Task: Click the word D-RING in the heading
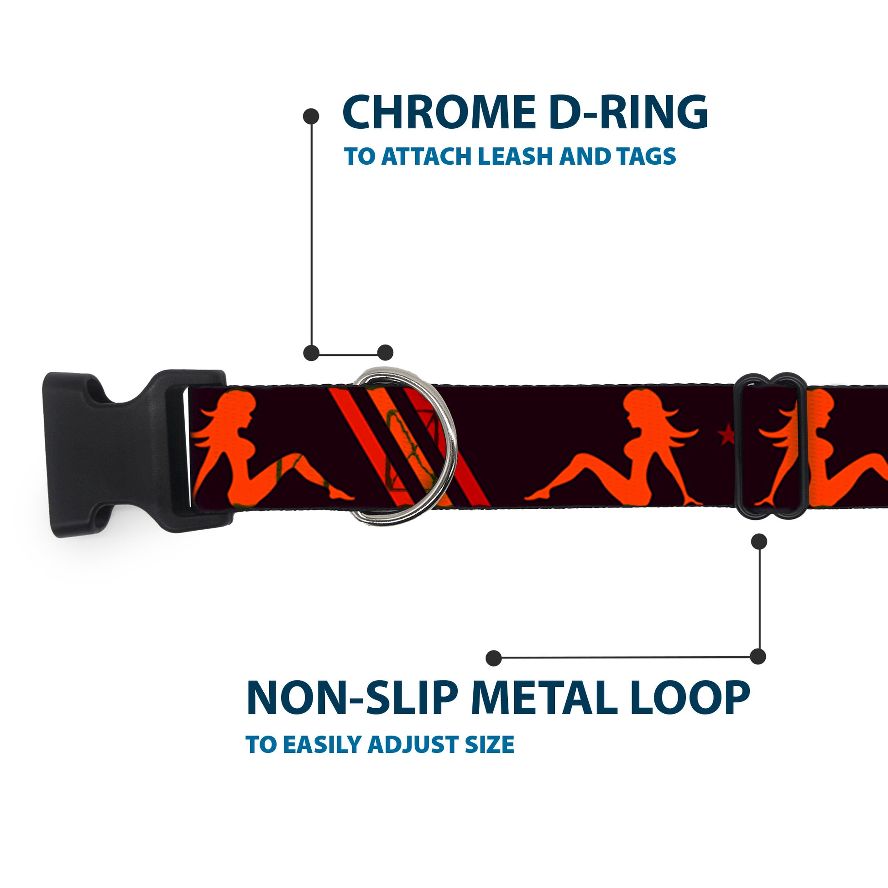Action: tap(628, 113)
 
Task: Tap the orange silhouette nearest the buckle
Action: tap(257, 448)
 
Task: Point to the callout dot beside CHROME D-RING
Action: tap(311, 116)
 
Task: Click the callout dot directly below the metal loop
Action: tap(759, 542)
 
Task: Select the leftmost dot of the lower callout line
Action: tap(493, 658)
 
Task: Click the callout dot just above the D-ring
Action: tap(385, 353)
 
